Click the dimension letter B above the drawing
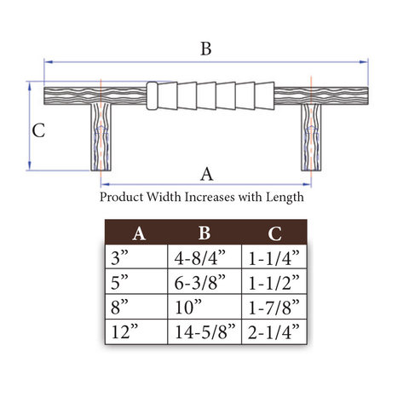click(206, 49)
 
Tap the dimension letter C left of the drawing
click(38, 130)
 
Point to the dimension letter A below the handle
click(206, 174)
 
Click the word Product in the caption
click(121, 197)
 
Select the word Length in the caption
click(285, 198)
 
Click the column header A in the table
click(139, 233)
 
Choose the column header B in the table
click(204, 233)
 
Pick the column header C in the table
click(274, 233)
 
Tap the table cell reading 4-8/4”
click(204, 256)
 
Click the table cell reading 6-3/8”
click(204, 281)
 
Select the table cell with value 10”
click(204, 307)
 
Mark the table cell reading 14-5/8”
click(204, 331)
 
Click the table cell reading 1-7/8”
click(274, 307)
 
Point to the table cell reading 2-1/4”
click(274, 331)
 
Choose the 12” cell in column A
click(136, 331)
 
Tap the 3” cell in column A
click(136, 256)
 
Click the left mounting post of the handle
click(101, 137)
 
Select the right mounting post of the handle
click(311, 137)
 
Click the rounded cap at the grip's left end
click(152, 95)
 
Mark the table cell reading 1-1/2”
click(274, 281)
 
